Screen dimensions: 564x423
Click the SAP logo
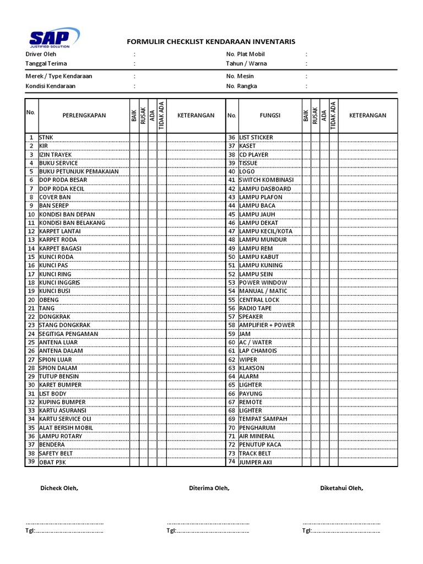53,39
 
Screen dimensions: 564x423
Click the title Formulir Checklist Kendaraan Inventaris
211,41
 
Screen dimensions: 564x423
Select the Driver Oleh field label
41,54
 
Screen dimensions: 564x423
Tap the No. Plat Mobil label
246,54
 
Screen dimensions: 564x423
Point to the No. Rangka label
241,86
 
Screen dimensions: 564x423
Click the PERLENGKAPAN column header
84,116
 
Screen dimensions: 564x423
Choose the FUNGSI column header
270,116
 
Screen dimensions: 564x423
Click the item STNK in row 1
47,137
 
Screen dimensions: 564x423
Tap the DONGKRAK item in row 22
55,317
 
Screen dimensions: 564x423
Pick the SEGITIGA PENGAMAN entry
69,334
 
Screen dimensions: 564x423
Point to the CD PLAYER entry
254,155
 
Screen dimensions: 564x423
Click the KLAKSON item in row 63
252,368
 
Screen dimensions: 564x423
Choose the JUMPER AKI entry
256,462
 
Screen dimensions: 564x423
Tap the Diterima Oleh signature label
209,488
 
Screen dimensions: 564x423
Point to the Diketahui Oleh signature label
341,488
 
